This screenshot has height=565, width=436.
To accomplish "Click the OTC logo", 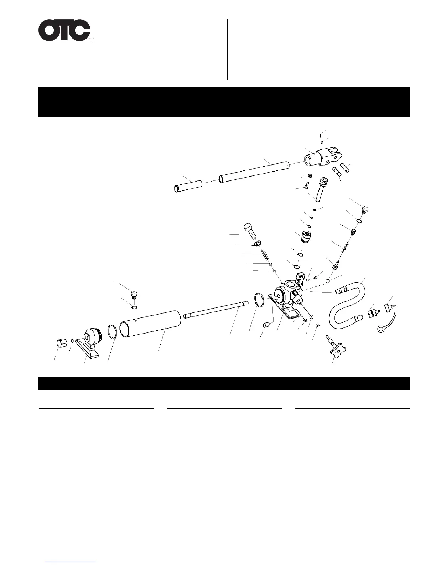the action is [x=64, y=30].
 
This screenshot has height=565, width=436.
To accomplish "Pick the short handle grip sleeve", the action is [x=188, y=186].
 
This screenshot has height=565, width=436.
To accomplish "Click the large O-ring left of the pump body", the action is [x=260, y=300].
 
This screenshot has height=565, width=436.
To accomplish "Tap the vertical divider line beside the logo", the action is [x=228, y=50].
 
